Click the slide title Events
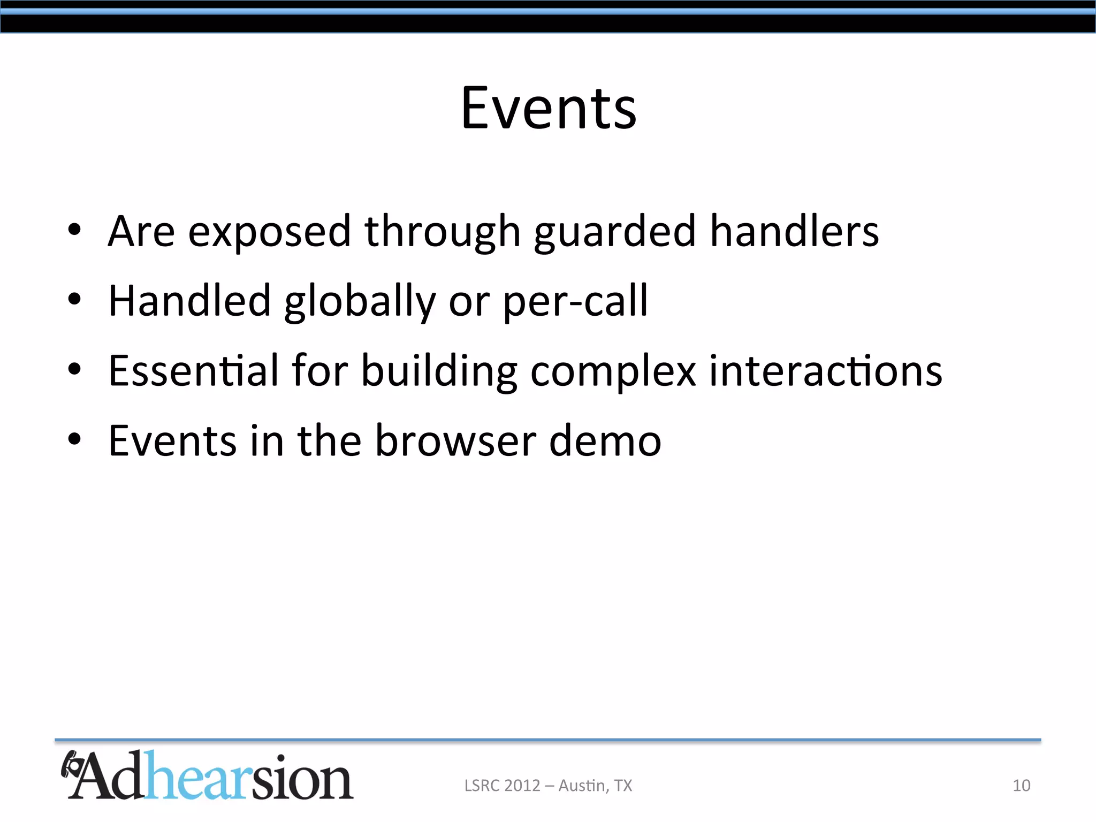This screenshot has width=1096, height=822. (x=549, y=109)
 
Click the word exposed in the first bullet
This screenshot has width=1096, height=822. (x=269, y=232)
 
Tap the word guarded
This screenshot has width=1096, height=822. (x=615, y=232)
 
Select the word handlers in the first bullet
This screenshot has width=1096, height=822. (x=794, y=231)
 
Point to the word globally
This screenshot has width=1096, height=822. (x=360, y=302)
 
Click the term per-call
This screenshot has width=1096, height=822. (x=575, y=301)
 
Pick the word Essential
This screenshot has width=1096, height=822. (x=193, y=370)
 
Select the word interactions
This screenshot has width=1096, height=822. (x=825, y=370)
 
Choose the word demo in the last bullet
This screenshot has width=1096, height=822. (x=605, y=440)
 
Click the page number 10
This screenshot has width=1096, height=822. (x=1021, y=785)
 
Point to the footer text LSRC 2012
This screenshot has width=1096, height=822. (x=502, y=785)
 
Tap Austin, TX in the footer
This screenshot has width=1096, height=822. (x=595, y=785)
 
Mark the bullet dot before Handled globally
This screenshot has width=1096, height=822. (x=74, y=300)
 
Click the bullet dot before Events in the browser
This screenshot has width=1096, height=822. (x=74, y=439)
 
